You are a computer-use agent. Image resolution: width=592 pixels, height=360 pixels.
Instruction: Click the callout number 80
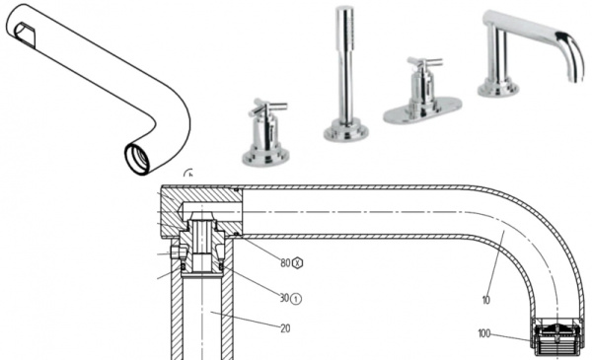pyautogui.click(x=286, y=263)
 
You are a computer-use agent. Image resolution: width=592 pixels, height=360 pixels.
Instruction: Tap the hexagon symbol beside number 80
pyautogui.click(x=299, y=263)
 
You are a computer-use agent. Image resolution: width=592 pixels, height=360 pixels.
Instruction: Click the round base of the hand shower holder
pyautogui.click(x=346, y=129)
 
